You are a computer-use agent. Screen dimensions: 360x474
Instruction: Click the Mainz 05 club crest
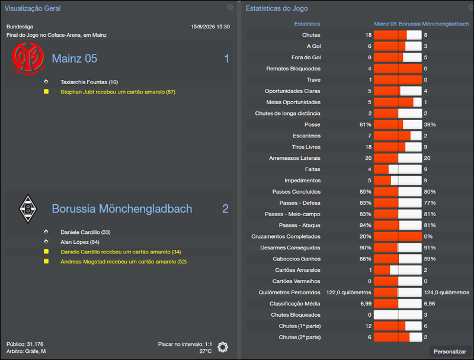(x=28, y=59)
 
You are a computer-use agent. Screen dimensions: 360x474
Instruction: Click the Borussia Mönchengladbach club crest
(x=28, y=208)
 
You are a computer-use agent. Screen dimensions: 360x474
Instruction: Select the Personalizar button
(x=450, y=351)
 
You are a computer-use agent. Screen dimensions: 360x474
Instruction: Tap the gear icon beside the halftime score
(x=223, y=347)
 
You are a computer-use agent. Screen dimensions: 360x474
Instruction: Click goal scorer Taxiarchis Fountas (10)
(x=89, y=82)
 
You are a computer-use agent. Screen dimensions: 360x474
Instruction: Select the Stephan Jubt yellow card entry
(x=117, y=92)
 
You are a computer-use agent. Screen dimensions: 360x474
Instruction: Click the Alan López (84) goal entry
(x=79, y=242)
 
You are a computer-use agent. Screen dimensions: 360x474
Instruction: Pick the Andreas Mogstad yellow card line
(x=123, y=261)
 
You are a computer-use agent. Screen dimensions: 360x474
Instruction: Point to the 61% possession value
(x=365, y=125)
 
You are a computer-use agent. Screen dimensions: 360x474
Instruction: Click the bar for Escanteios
(x=397, y=136)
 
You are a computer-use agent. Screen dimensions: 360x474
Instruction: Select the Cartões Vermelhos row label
(x=296, y=281)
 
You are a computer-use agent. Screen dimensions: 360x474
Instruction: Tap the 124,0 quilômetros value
(x=446, y=292)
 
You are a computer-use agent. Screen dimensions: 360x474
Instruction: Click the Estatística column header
(x=307, y=24)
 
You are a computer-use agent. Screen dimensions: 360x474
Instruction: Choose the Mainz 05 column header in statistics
(x=385, y=24)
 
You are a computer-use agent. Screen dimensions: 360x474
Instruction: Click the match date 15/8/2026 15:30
(x=210, y=27)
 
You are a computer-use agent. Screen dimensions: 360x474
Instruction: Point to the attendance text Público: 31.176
(x=25, y=344)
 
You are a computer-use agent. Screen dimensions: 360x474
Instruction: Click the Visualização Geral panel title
(x=33, y=8)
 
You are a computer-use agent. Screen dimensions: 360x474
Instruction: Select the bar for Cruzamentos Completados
(x=397, y=236)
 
